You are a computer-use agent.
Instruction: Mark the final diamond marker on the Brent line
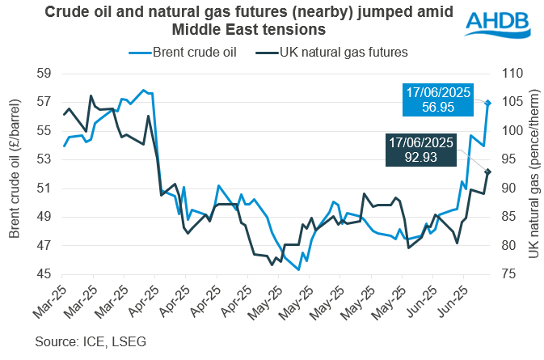[x=488, y=103]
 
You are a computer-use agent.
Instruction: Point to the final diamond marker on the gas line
[x=488, y=172]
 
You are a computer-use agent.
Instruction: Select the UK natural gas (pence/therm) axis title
[x=532, y=173]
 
